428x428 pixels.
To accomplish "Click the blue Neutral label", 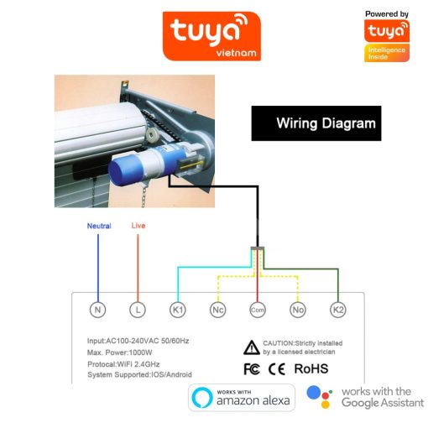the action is (x=99, y=226).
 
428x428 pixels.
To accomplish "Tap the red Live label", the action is (x=138, y=226).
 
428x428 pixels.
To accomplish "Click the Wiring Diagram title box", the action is (x=316, y=123).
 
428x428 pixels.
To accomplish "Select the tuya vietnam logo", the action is (x=211, y=36).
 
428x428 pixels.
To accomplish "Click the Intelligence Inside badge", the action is (x=387, y=53).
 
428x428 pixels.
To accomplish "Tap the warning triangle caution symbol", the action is (x=252, y=347).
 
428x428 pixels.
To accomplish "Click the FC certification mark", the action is (x=252, y=369).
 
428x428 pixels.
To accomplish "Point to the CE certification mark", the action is (x=277, y=369).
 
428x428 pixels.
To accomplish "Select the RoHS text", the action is (x=311, y=368).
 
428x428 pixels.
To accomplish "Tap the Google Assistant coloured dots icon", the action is (x=320, y=397).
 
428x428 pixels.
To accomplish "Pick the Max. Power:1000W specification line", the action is (x=120, y=352).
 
